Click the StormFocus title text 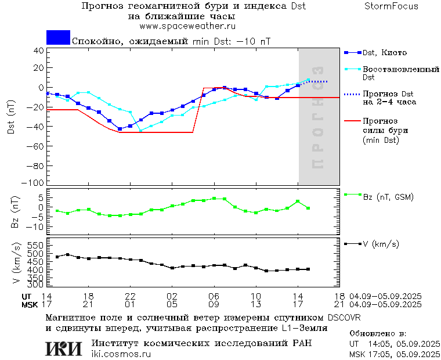click(x=391, y=6)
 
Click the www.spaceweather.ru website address click(x=187, y=27)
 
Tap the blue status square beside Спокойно click(x=58, y=38)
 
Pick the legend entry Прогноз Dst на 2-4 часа click(x=388, y=98)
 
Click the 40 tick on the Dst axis click(x=39, y=51)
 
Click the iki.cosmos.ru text click(x=121, y=354)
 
